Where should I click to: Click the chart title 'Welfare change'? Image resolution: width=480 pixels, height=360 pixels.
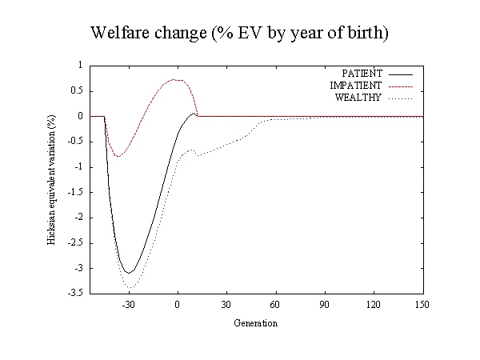[x=149, y=33]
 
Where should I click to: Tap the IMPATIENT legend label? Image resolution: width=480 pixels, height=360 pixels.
[x=356, y=86]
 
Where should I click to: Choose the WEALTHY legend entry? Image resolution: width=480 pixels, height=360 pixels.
[x=358, y=98]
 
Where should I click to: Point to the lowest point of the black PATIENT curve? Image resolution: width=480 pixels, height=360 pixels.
[x=129, y=273]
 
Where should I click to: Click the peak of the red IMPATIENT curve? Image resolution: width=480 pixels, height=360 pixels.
[x=174, y=79]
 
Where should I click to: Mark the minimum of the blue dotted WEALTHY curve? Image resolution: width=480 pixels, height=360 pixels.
[x=130, y=288]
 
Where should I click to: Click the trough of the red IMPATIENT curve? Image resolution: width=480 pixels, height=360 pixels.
[x=118, y=157]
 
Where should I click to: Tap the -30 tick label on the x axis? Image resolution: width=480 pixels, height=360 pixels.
[x=128, y=305]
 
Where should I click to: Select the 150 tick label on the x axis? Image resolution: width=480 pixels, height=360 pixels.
[x=422, y=305]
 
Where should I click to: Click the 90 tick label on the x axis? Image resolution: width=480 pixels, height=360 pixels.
[x=325, y=305]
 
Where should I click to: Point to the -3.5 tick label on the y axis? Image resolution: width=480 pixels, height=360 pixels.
[x=75, y=293]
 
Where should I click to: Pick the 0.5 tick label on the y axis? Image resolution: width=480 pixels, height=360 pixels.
[x=77, y=91]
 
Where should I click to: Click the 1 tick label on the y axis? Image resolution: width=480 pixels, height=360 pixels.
[x=80, y=66]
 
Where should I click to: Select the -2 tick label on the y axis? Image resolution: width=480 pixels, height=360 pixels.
[x=78, y=218]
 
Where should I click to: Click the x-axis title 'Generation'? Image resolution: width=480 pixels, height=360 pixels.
[x=256, y=323]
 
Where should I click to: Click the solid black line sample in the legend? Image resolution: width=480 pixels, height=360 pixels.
[x=401, y=74]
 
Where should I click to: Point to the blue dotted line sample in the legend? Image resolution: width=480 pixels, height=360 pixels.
[x=401, y=98]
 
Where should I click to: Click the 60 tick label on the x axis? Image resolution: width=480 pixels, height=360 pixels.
[x=275, y=305]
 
